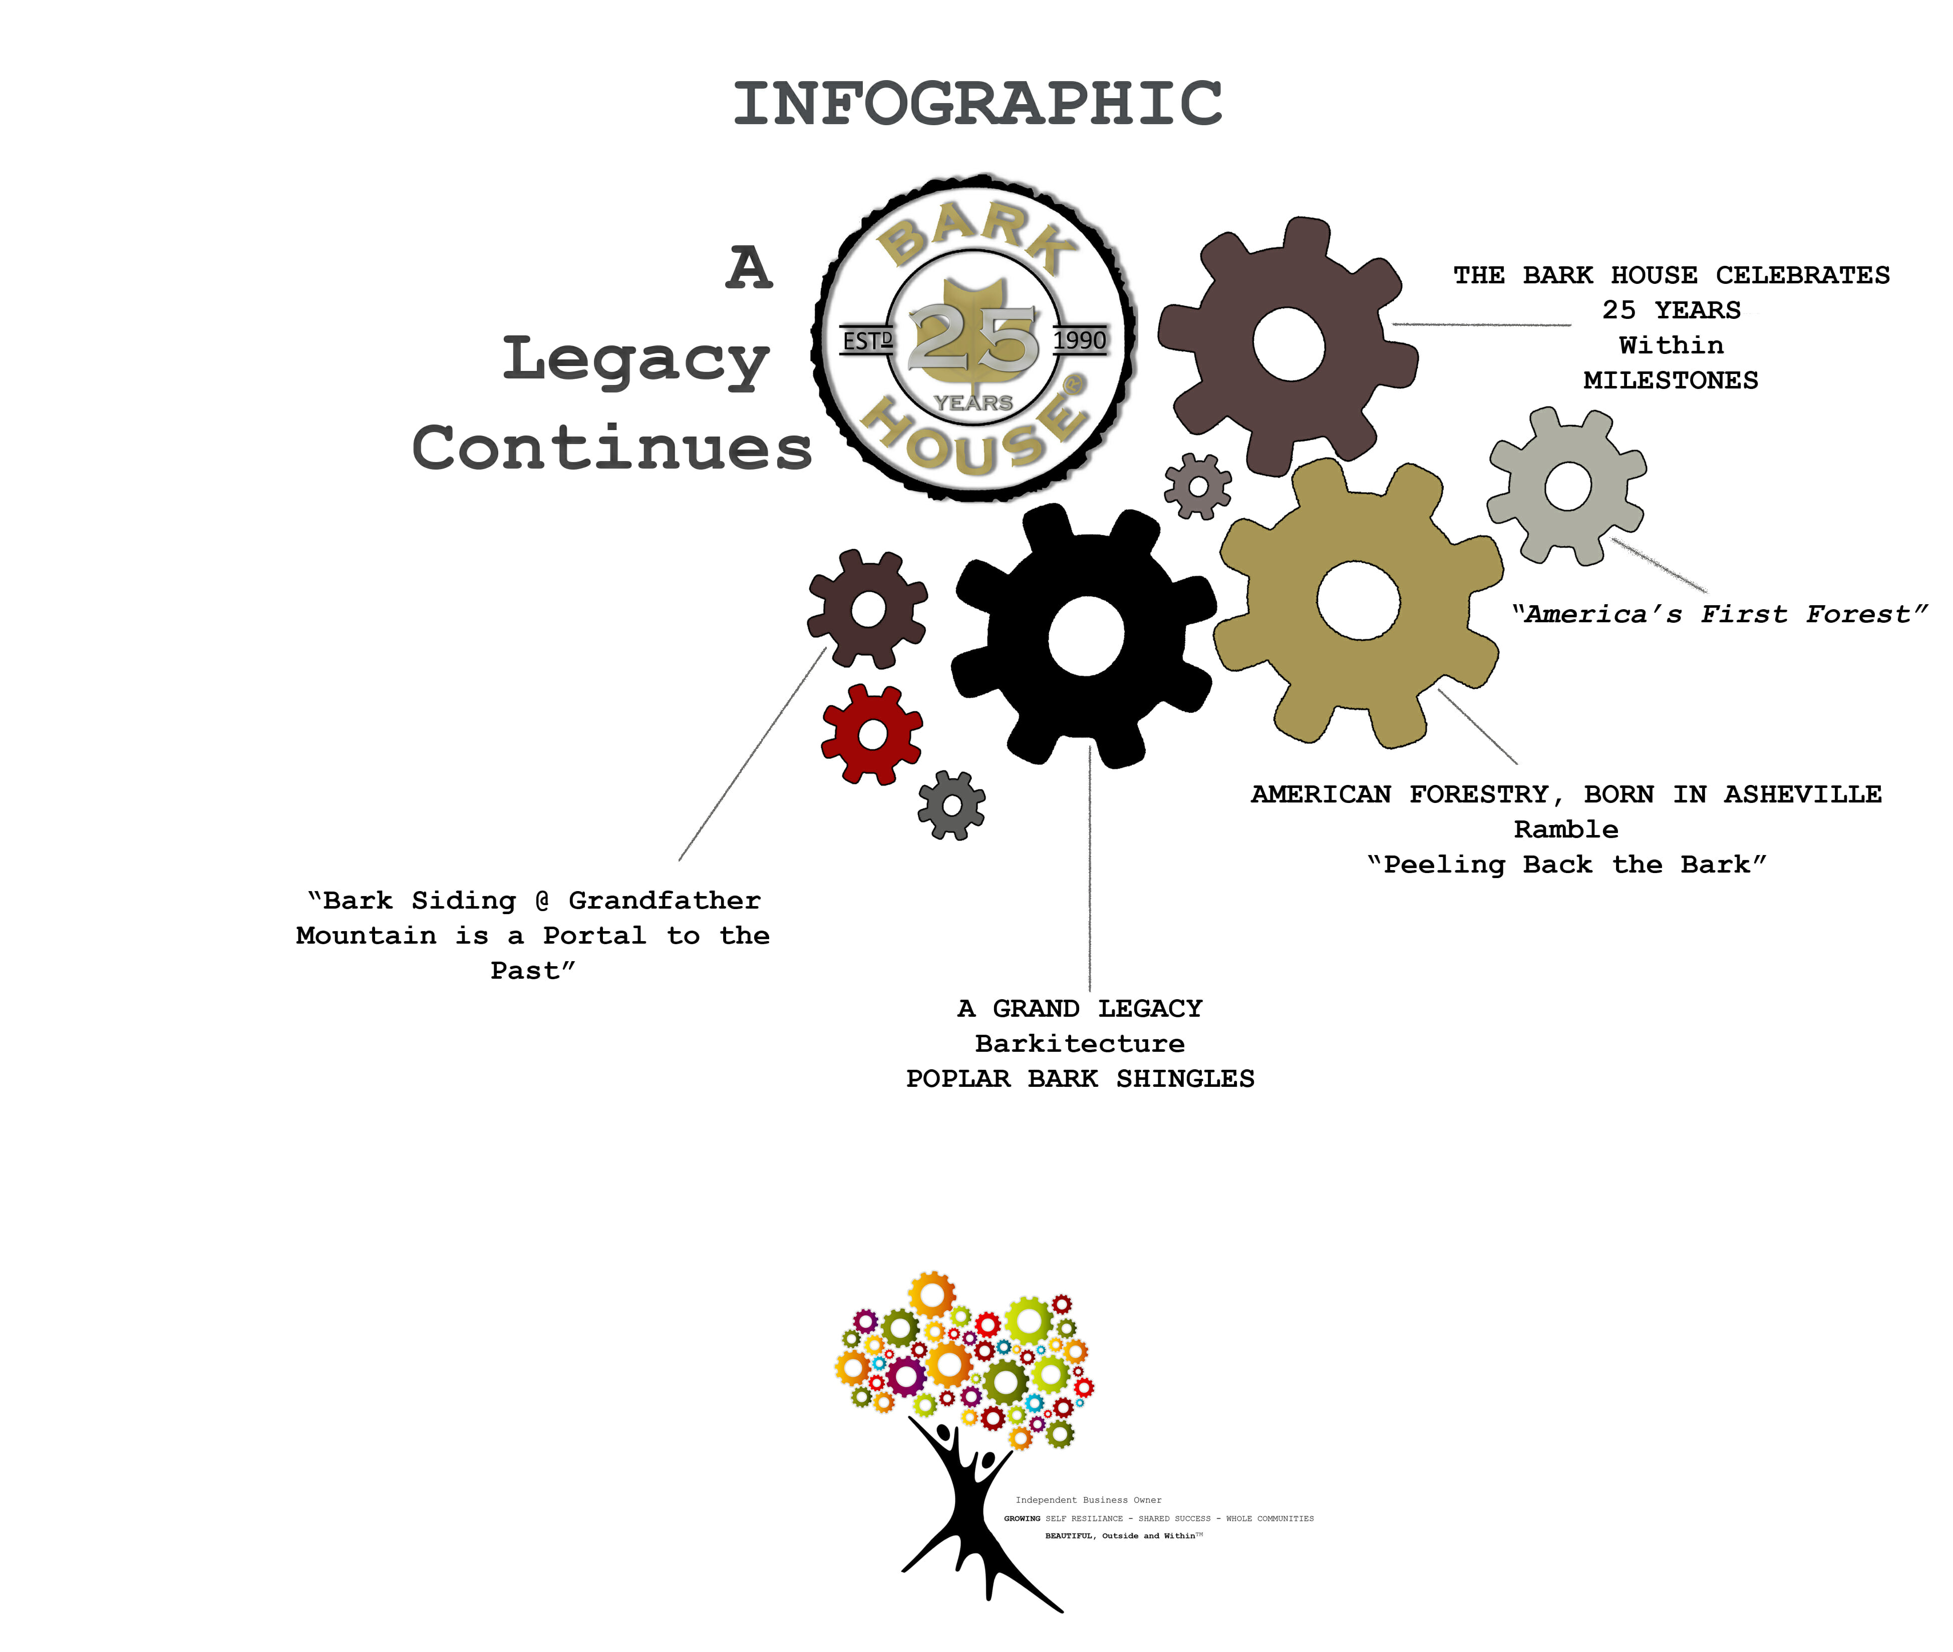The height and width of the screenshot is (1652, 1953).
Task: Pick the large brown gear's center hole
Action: (x=1289, y=345)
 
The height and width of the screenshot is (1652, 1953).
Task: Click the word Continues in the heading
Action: (x=611, y=448)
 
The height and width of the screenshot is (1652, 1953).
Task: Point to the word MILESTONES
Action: (x=1670, y=380)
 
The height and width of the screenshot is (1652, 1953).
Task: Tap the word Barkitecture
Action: (x=1079, y=1043)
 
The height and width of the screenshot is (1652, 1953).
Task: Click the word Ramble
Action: (x=1565, y=829)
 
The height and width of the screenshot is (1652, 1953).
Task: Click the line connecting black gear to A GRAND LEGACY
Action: (x=1089, y=871)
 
